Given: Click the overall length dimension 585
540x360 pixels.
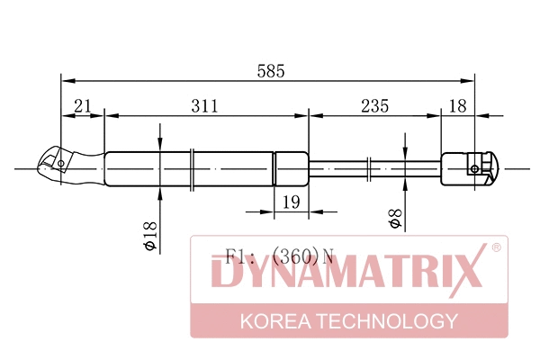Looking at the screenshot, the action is pyautogui.click(x=271, y=71).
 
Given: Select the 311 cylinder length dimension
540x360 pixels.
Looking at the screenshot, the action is pyautogui.click(x=205, y=106).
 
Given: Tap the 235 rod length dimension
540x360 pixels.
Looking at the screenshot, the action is pyautogui.click(x=374, y=106).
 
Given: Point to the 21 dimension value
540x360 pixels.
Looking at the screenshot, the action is pyautogui.click(x=83, y=106).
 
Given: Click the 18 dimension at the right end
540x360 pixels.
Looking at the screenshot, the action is pyautogui.click(x=458, y=106).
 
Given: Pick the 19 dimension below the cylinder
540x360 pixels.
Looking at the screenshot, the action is pyautogui.click(x=291, y=202).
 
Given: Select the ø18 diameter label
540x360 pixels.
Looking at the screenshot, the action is pyautogui.click(x=150, y=236).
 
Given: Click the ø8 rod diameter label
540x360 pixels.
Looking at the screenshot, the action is pyautogui.click(x=395, y=219).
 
